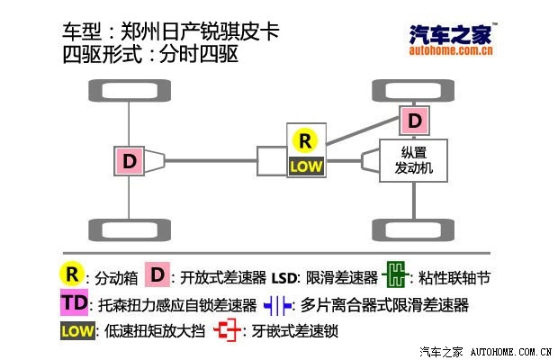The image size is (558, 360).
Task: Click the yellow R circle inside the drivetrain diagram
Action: [x=305, y=141]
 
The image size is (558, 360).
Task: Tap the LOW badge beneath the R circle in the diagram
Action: [x=306, y=166]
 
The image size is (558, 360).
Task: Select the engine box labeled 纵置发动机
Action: [x=413, y=160]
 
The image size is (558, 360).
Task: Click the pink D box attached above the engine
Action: [x=414, y=121]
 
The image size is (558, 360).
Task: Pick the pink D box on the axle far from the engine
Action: [x=129, y=161]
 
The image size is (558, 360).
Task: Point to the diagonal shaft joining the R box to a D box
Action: [x=363, y=131]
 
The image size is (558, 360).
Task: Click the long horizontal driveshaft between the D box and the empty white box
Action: [x=211, y=161]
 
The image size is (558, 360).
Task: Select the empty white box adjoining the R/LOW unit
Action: [x=272, y=161]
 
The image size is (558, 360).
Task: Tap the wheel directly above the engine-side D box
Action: [x=413, y=90]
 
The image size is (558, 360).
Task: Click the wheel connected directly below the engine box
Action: [x=413, y=230]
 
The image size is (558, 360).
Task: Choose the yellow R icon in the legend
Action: [x=72, y=274]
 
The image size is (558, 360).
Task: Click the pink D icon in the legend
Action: [x=157, y=274]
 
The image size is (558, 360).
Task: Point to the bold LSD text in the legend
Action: [x=283, y=278]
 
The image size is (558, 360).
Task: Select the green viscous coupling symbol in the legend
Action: [x=395, y=274]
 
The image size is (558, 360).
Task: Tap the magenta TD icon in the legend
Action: [x=74, y=302]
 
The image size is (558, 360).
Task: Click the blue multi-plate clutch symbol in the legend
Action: [x=277, y=306]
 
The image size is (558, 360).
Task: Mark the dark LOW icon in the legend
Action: [x=77, y=331]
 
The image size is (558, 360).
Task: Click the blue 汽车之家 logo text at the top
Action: [x=451, y=34]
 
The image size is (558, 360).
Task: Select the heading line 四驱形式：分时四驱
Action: [x=150, y=54]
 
